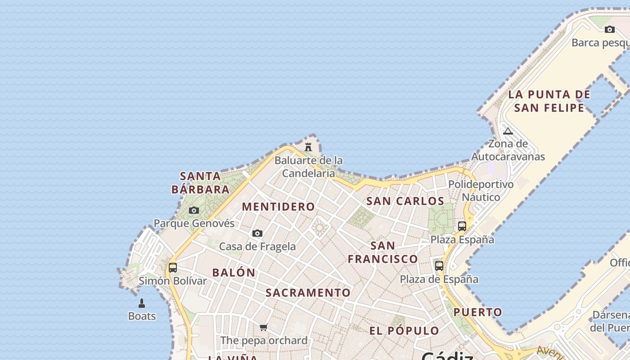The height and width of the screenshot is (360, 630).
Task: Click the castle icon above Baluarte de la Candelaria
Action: [308, 147]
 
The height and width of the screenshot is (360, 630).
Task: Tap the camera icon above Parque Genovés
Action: [194, 210]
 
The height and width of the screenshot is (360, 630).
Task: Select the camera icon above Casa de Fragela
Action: [257, 233]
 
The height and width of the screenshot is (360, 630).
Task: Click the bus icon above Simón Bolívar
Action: [173, 268]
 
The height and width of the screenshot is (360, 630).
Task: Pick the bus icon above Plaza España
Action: [462, 226]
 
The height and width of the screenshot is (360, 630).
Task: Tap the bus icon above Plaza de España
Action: [439, 265]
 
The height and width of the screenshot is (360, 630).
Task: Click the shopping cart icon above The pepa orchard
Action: [264, 327]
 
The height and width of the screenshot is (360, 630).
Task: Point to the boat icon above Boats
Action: [142, 303]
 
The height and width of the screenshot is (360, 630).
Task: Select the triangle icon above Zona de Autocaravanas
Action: [508, 131]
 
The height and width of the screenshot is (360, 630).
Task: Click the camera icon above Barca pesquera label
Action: [610, 29]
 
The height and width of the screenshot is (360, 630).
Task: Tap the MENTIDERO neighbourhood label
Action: [279, 207]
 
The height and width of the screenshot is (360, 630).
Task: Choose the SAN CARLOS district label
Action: [405, 201]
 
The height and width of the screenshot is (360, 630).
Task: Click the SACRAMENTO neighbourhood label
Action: [308, 292]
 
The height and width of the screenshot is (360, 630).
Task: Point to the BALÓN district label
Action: [234, 272]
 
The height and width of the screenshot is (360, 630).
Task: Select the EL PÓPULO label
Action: [404, 331]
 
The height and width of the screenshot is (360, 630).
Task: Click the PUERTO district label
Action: [478, 312]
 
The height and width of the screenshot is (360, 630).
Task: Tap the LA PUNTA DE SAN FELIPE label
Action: [549, 101]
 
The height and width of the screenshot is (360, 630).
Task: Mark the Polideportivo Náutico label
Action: [481, 191]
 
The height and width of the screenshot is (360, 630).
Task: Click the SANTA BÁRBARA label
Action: [201, 182]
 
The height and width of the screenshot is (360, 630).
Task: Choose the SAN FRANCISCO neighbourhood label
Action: [383, 252]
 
